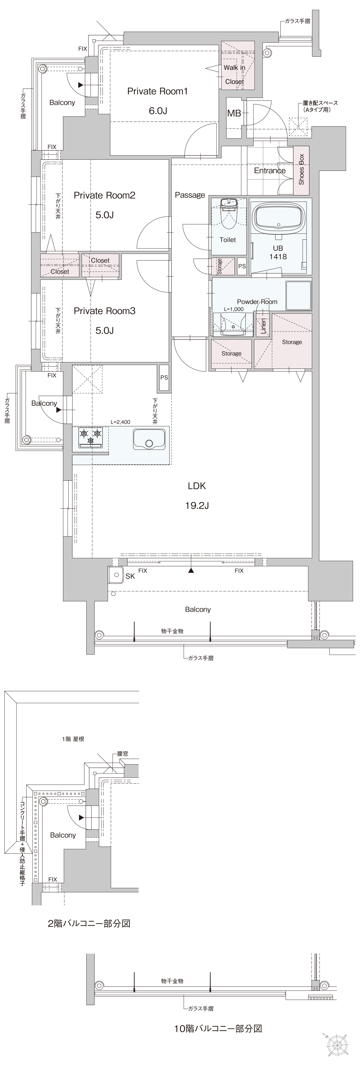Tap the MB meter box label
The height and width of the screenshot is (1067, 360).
234,113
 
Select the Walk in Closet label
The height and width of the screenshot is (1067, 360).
234,75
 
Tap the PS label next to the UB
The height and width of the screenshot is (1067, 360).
242,266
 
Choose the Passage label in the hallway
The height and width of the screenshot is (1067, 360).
190,195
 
